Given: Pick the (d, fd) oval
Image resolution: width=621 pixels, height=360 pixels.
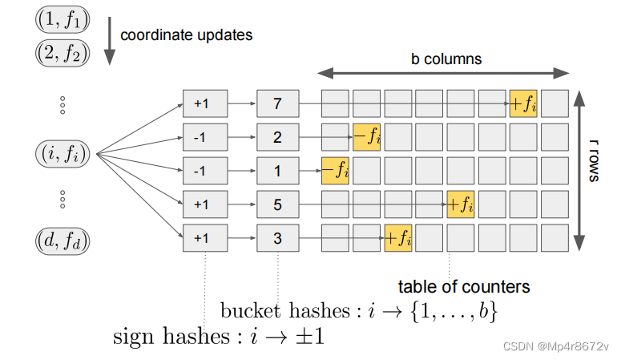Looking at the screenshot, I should pos(63,239).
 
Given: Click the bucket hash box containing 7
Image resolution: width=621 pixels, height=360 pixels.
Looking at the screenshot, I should pos(277,103).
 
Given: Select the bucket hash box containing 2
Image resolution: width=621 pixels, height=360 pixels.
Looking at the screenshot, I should pos(277,137).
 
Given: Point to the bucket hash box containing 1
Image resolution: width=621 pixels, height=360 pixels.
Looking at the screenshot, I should pos(277,171).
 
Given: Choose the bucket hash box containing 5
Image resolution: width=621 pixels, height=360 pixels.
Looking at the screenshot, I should pos(277,204).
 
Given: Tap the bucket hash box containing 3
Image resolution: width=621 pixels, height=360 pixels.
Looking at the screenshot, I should pos(277,238).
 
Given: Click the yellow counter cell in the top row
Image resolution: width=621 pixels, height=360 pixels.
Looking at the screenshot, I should pos(522,104).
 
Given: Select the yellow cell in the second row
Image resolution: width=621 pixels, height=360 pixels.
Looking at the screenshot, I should pos(366,137).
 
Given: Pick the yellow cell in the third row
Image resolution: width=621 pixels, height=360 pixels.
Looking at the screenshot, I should pos(335,171).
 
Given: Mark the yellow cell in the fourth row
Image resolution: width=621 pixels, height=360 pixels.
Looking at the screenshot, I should pos(460,204).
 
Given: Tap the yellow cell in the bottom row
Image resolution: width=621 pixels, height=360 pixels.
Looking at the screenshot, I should pos(397,238).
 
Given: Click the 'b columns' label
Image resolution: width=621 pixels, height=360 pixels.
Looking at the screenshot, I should pos(446,59).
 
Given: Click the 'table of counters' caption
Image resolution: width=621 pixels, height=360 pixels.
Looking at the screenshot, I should pos(464,286).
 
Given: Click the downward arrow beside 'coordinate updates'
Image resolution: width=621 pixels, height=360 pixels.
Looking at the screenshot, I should pos(110,40).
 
